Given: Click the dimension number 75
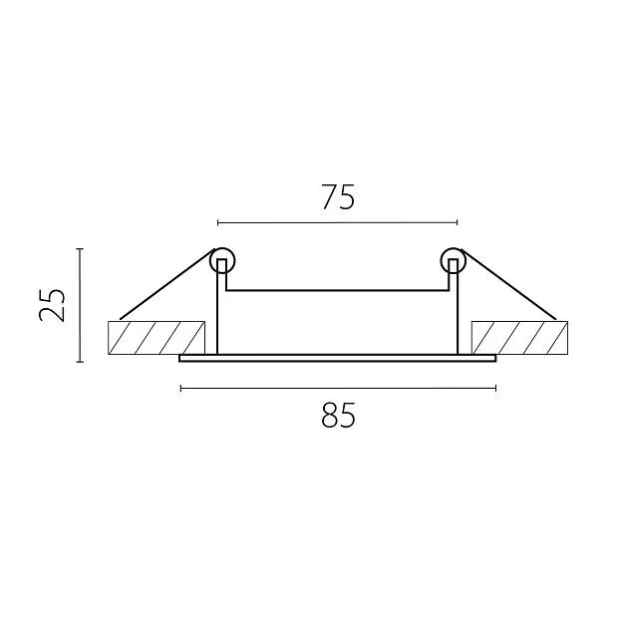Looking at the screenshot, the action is (x=338, y=196).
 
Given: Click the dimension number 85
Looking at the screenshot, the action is (x=338, y=415).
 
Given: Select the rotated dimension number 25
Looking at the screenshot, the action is (x=52, y=305).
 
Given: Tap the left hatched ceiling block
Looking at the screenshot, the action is (x=156, y=338).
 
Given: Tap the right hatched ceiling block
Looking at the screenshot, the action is (x=519, y=338).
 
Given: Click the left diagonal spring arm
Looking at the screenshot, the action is (x=167, y=284).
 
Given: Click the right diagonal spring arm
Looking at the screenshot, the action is (x=508, y=284).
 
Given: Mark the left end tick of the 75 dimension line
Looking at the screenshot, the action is (x=218, y=222).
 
